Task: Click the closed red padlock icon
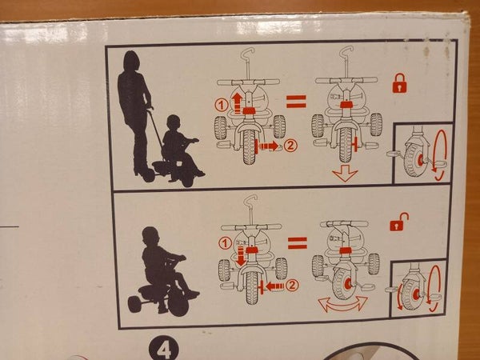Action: coord(400,83)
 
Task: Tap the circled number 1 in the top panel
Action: coord(222,105)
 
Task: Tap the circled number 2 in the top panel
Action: coord(290,146)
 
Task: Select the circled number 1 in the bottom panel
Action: coord(226,244)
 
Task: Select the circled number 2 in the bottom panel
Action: coord(292,286)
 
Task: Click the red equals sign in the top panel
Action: coord(296,102)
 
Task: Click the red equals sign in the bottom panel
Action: coord(298,243)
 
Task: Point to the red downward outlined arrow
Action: coord(345,174)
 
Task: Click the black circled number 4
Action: coord(164,350)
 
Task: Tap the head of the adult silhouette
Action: coord(131,61)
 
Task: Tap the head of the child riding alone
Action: coord(151,236)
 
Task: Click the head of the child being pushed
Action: coord(174,122)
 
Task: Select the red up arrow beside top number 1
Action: coord(237,103)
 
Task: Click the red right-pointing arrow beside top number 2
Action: coord(269,146)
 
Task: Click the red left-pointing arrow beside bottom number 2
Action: coord(275,286)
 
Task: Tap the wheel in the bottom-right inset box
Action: coord(411,294)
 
